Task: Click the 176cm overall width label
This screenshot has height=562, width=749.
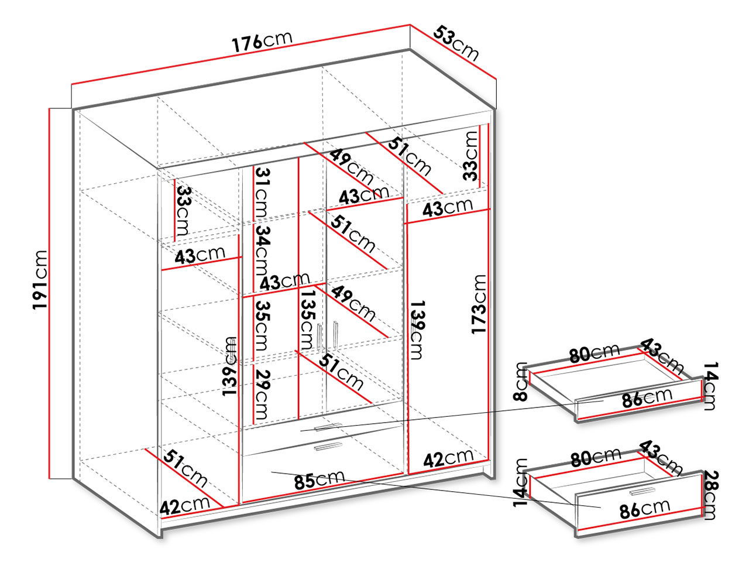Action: (262, 42)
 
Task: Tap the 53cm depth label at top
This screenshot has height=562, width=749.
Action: (456, 43)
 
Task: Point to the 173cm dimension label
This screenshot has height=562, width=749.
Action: (479, 304)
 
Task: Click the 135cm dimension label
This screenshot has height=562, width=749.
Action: (306, 320)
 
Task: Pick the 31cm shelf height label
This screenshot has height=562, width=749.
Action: (262, 190)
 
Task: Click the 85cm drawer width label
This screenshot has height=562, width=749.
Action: (319, 479)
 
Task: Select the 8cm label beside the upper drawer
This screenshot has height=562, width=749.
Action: (520, 381)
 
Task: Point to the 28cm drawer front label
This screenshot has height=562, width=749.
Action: (709, 495)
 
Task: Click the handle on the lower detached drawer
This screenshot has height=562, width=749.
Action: (643, 491)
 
